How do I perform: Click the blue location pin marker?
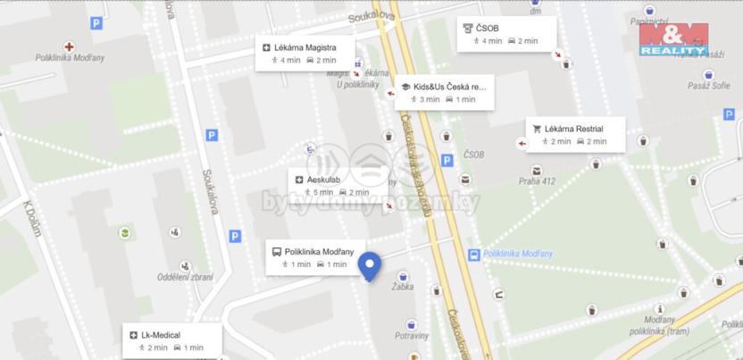[x=369, y=265]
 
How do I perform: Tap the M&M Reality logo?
[x=673, y=40]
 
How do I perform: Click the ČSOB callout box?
[x=507, y=34]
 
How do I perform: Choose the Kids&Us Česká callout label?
[x=444, y=92]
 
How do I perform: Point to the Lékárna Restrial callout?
[x=574, y=135]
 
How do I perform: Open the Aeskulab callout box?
[x=331, y=185]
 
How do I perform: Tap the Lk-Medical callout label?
[x=171, y=340]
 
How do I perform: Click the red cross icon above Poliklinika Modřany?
[x=70, y=46]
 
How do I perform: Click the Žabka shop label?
[x=401, y=288]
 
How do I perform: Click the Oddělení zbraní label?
[x=185, y=277]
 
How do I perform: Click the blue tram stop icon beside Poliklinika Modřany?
[x=472, y=255]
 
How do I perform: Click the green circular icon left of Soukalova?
[x=124, y=233]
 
